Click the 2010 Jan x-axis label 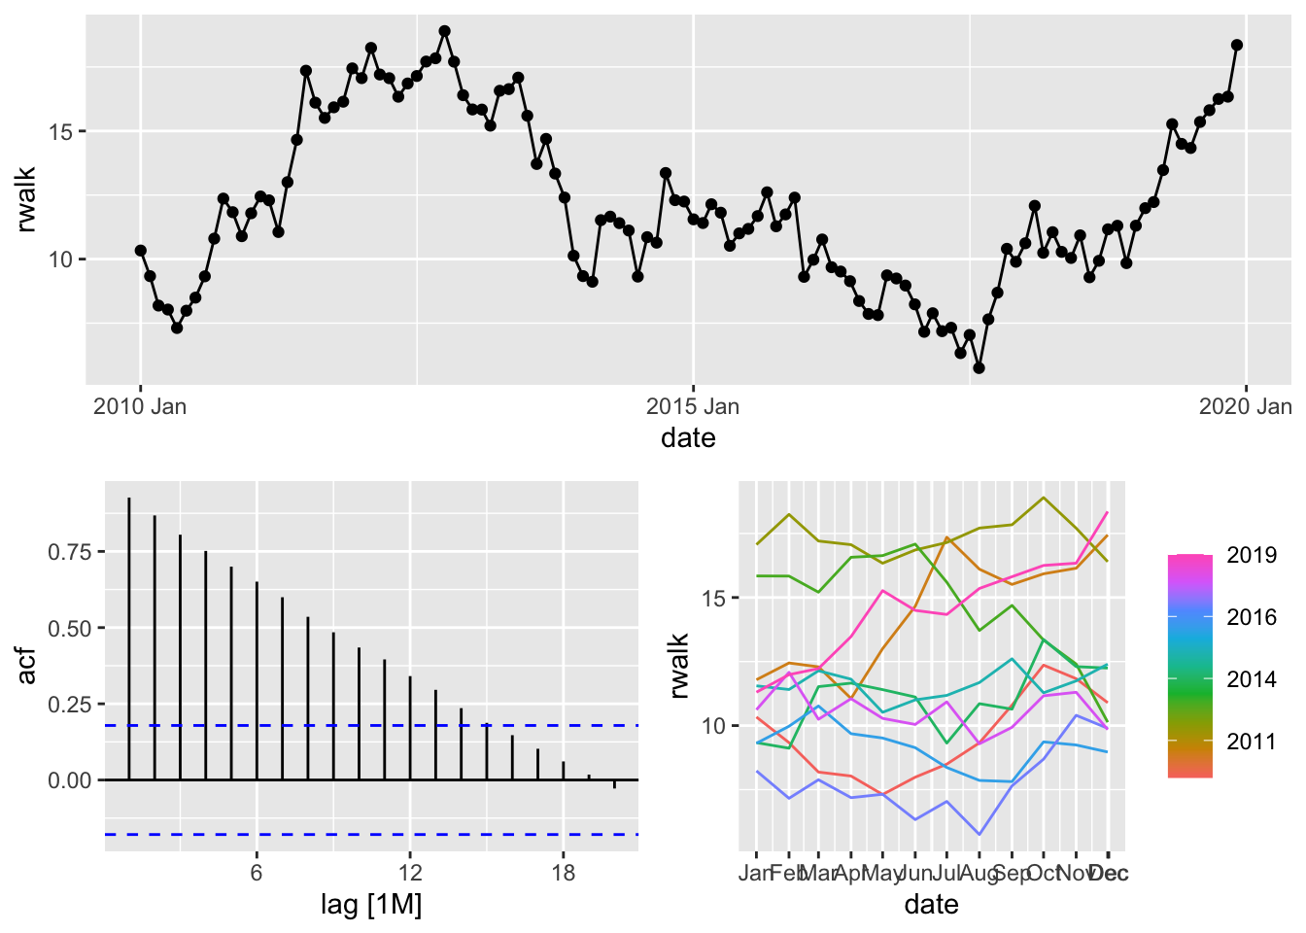coord(140,406)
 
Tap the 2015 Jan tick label coord(693,406)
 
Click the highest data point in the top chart coord(444,31)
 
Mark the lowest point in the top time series coord(979,368)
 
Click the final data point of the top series coord(1237,45)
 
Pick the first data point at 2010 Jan coord(141,251)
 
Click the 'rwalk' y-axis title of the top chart coord(26,199)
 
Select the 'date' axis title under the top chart coord(688,438)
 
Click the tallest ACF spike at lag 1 coord(129,500)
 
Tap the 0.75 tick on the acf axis coord(69,552)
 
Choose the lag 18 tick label coord(564,873)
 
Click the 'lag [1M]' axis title coord(371,906)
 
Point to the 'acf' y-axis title coord(26,666)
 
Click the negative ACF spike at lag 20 coord(614,784)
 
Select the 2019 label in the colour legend coord(1252,555)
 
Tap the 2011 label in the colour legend coord(1252,742)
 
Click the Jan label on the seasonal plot coord(755,873)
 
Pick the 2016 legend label coord(1252,617)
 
